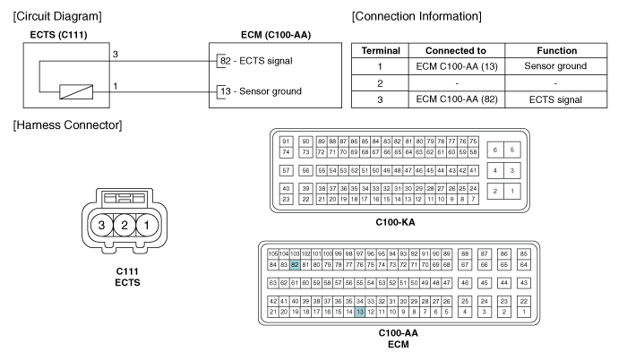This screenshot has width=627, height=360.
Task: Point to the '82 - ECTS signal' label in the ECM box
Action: point(263,60)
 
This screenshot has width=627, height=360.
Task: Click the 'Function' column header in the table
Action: point(552,51)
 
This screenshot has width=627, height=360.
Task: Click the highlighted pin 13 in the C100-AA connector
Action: point(360,313)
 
